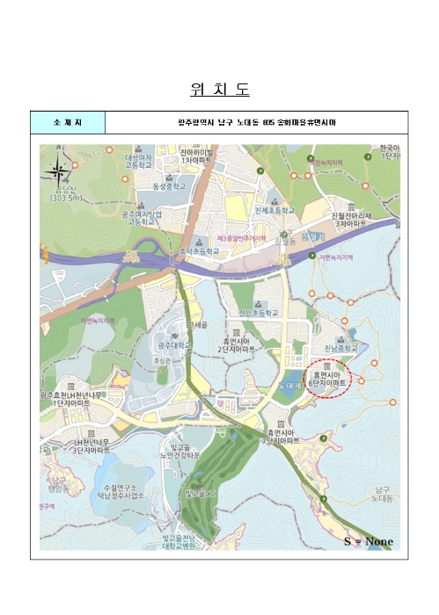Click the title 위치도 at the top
pyautogui.click(x=220, y=90)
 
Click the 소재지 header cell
pyautogui.click(x=68, y=122)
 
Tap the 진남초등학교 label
pyautogui.click(x=259, y=313)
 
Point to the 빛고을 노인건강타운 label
pyautogui.click(x=181, y=452)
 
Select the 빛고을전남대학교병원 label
pyautogui.click(x=185, y=539)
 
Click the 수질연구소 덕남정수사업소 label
pyautogui.click(x=123, y=491)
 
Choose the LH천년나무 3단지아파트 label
pyautogui.click(x=92, y=445)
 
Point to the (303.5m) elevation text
pyautogui.click(x=66, y=198)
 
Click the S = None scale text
pyautogui.click(x=368, y=541)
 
